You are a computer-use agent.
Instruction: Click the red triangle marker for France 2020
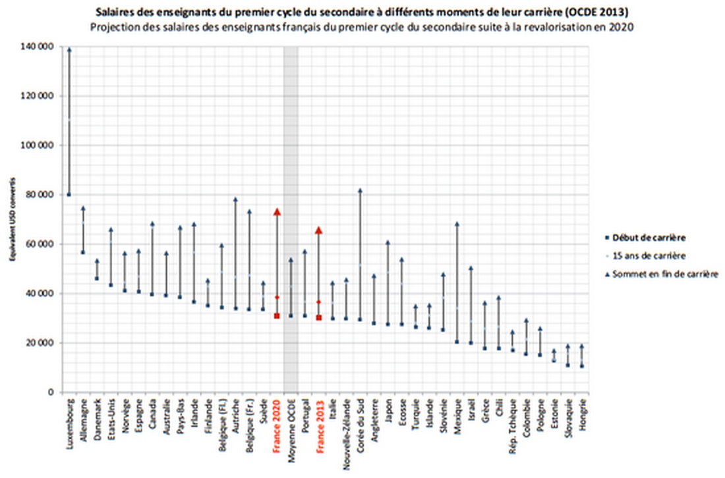pyautogui.click(x=277, y=212)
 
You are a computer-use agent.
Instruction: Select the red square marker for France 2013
pyautogui.click(x=318, y=317)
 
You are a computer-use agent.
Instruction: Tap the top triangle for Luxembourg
pyautogui.click(x=69, y=49)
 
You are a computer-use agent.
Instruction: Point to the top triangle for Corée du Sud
pyautogui.click(x=360, y=190)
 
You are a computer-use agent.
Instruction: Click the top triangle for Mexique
pyautogui.click(x=457, y=225)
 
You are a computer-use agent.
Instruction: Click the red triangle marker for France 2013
pyautogui.click(x=318, y=230)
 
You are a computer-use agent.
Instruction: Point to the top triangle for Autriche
pyautogui.click(x=235, y=199)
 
